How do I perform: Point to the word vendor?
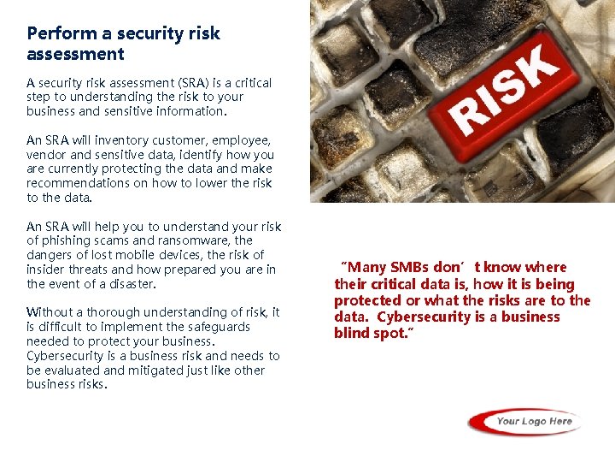tap(46, 155)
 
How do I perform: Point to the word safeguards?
tap(221, 327)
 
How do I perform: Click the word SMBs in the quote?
tap(414, 267)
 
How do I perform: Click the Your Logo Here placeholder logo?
tap(525, 421)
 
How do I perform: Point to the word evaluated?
tap(70, 370)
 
